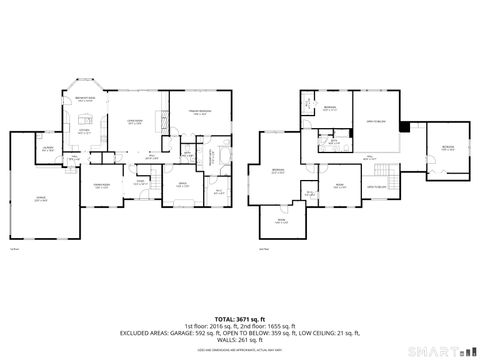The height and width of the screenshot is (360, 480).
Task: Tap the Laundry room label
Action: pyautogui.click(x=47, y=149)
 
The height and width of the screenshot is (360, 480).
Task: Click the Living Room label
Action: pyautogui.click(x=134, y=121)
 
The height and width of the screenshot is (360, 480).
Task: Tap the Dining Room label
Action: pyautogui.click(x=101, y=186)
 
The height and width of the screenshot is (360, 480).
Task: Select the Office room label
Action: pyautogui.click(x=183, y=185)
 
